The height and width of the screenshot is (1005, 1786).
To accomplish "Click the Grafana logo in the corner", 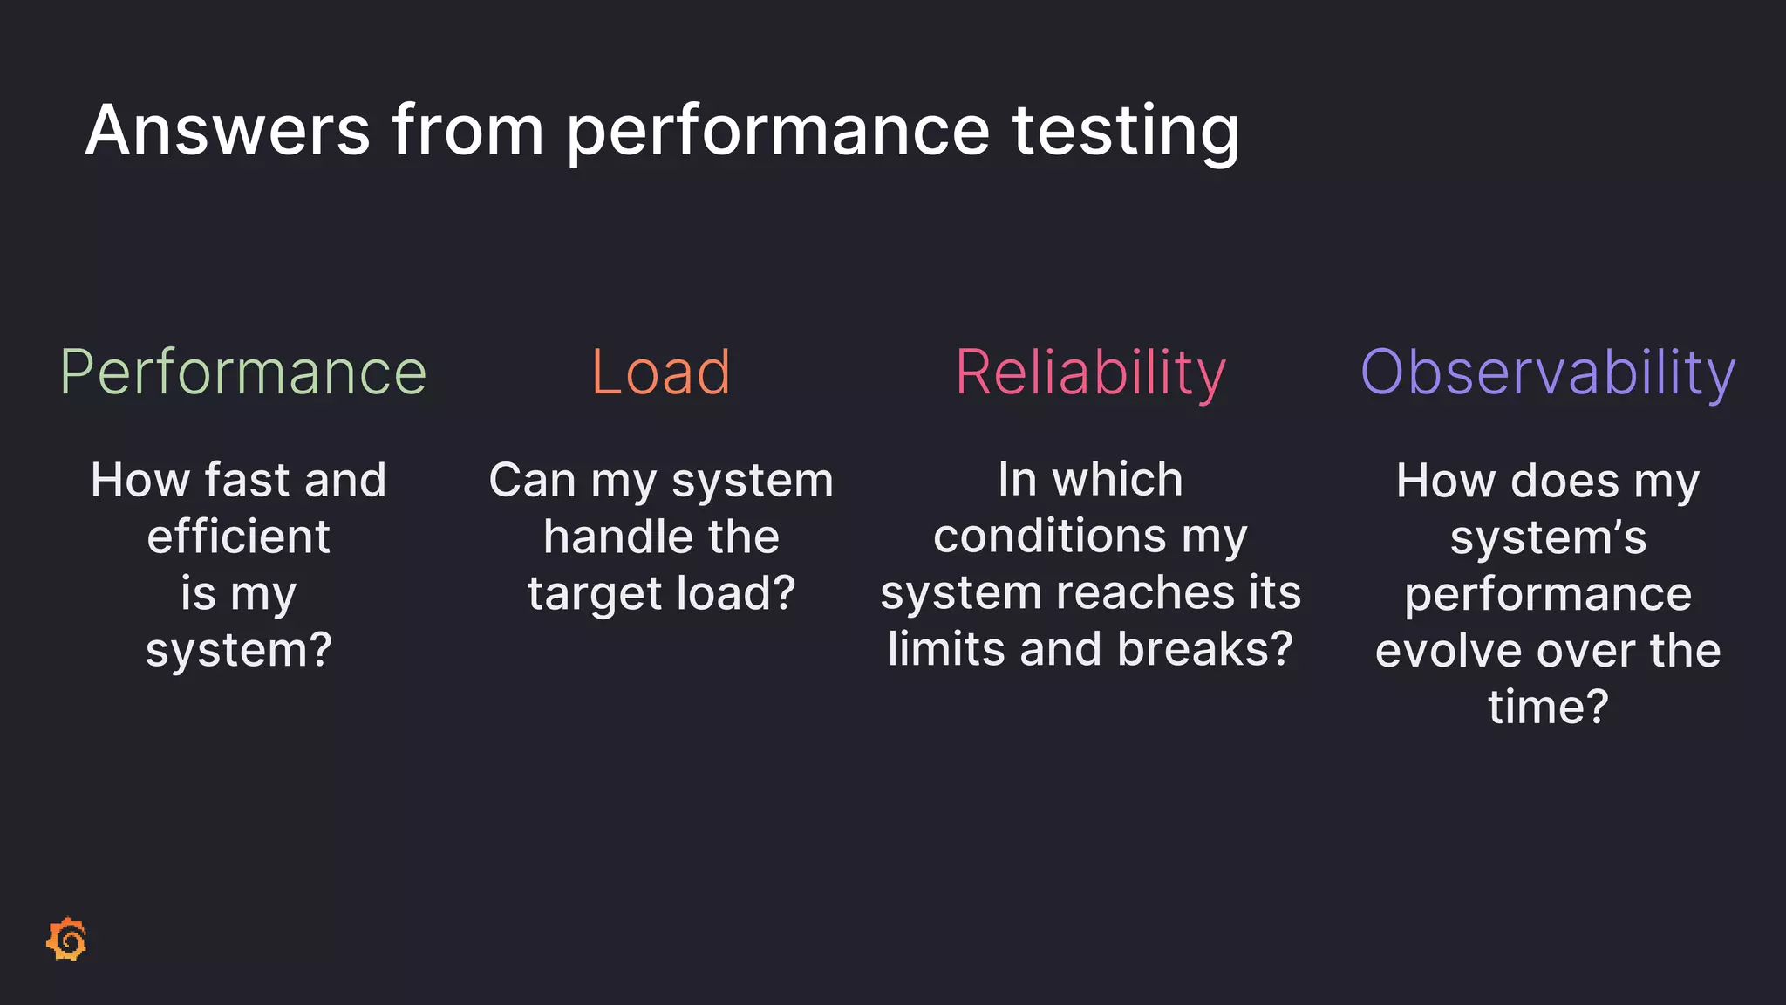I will click(x=67, y=940).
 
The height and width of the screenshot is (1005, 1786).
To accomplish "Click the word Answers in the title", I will click(x=228, y=131).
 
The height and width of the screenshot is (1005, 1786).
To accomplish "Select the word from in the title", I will click(x=468, y=131).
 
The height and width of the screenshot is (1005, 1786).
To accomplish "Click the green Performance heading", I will click(x=242, y=373).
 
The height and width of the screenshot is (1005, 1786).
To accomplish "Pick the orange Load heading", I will click(x=660, y=373).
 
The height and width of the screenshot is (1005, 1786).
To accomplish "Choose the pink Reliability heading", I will click(x=1090, y=373).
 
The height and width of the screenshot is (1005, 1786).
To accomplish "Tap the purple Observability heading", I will click(x=1548, y=373).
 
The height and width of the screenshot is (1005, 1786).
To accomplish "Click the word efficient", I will click(x=238, y=537).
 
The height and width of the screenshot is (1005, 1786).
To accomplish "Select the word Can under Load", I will click(x=532, y=481).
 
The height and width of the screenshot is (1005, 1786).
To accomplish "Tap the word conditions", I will click(x=1049, y=536).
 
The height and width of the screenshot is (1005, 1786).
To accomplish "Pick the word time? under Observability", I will click(x=1548, y=707).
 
